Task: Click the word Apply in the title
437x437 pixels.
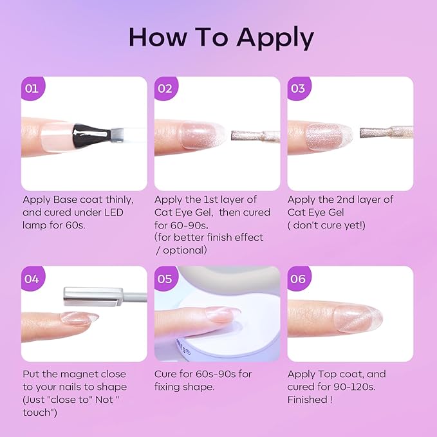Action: point(275,38)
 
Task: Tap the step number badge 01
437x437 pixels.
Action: point(33,88)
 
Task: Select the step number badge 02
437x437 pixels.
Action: point(165,88)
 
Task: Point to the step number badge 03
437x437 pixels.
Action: point(299,88)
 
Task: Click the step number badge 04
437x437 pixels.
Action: point(33,278)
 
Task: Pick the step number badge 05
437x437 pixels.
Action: point(165,278)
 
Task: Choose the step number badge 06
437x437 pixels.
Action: point(299,278)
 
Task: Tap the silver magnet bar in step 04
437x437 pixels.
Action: point(93,297)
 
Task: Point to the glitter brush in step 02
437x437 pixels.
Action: point(256,136)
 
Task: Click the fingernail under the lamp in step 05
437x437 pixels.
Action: point(223,314)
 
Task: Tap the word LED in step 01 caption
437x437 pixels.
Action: point(113,212)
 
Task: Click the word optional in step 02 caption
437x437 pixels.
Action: point(185,250)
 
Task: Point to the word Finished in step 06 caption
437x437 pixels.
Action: point(308,400)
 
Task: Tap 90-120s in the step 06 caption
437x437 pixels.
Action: point(352,387)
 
